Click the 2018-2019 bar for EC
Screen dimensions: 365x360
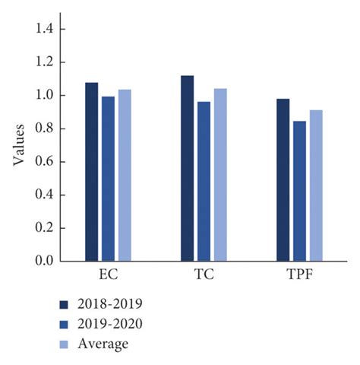pyautogui.click(x=92, y=172)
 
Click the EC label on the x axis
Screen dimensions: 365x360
pyautogui.click(x=109, y=275)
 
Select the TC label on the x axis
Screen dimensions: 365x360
pyautogui.click(x=204, y=275)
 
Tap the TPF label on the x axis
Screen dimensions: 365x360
pyautogui.click(x=299, y=275)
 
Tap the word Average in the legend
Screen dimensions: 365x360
pyautogui.click(x=107, y=344)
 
